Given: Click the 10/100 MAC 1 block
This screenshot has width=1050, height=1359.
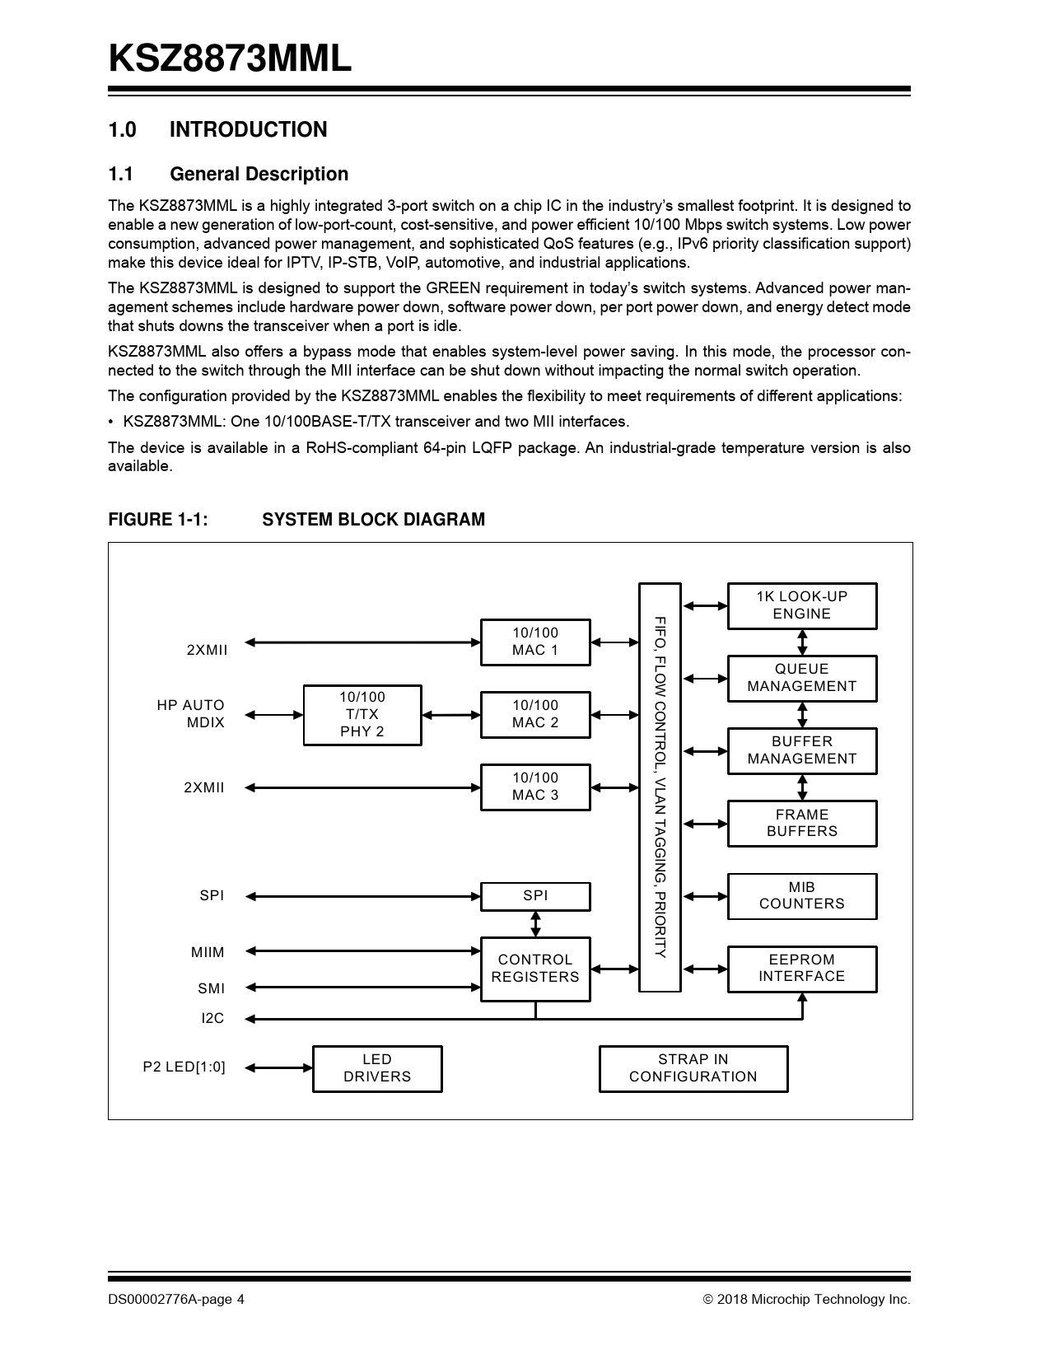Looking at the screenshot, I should [535, 642].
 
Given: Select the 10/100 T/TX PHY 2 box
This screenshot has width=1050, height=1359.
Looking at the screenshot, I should [362, 714].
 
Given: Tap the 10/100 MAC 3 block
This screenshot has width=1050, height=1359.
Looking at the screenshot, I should [535, 787].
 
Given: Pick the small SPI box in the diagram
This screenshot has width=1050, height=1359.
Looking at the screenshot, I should [535, 896].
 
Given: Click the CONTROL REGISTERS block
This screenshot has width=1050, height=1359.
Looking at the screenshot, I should [535, 969].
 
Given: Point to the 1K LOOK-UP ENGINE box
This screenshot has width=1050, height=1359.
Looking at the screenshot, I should [801, 605].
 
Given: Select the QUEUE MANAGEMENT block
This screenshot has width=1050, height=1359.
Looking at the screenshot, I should [801, 678].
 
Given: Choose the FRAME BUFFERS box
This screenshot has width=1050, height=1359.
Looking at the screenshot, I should [801, 823].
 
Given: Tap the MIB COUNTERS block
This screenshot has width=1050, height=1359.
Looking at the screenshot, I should [801, 895].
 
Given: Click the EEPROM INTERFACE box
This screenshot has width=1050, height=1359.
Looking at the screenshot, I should [801, 968].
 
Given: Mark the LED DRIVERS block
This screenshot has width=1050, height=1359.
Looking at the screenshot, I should [377, 1068].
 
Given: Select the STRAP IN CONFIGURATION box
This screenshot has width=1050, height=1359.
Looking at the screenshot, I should [693, 1068].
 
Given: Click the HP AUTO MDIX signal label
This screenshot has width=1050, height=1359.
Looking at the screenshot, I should [191, 714].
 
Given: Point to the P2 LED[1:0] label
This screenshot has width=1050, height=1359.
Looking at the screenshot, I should [184, 1067].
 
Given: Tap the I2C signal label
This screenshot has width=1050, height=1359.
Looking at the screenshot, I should [212, 1019].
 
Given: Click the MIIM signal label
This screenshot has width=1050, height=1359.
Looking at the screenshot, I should [208, 953].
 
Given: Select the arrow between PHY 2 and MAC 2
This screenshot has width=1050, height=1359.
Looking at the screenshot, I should [450, 715].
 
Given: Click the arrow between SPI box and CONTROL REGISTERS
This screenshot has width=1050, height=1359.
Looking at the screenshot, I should [535, 923].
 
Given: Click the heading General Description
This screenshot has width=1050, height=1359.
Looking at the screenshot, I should [259, 175].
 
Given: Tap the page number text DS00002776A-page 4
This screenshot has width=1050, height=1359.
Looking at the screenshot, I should [176, 1300].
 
